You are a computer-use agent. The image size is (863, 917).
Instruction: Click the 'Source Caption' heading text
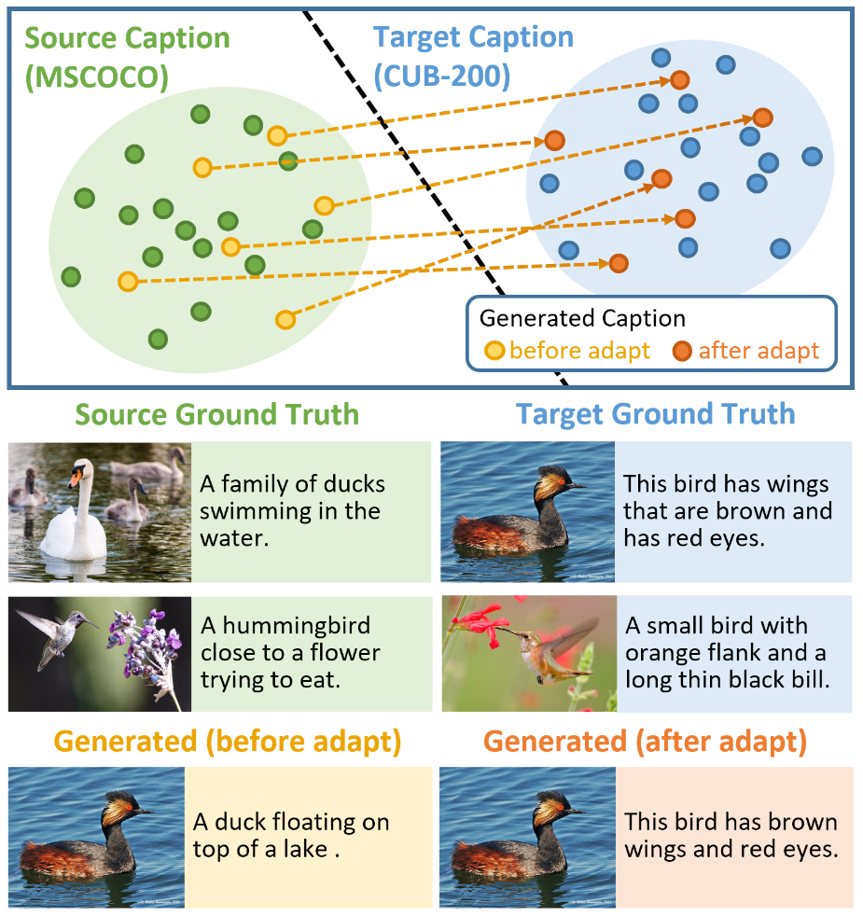[x=127, y=39]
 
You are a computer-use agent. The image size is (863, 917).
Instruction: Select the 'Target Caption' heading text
[x=473, y=37]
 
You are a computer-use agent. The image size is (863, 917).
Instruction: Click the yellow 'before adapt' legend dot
[x=494, y=351]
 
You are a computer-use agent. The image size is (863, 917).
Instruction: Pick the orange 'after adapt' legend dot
[x=682, y=351]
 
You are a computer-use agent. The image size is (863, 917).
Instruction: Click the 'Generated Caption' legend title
[x=582, y=318]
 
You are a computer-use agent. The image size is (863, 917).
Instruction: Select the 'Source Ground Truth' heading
[x=216, y=414]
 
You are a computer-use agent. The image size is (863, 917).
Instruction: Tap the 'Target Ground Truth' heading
[x=655, y=414]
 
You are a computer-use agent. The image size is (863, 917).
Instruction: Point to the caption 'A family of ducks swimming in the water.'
[x=291, y=511]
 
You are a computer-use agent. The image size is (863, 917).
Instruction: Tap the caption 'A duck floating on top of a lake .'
[x=290, y=835]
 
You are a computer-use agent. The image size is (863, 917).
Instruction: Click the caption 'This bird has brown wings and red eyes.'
[x=731, y=835]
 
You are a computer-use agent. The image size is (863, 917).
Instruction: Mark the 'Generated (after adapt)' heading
[x=645, y=743]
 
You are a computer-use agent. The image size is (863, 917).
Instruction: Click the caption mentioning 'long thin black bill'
[x=727, y=652]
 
